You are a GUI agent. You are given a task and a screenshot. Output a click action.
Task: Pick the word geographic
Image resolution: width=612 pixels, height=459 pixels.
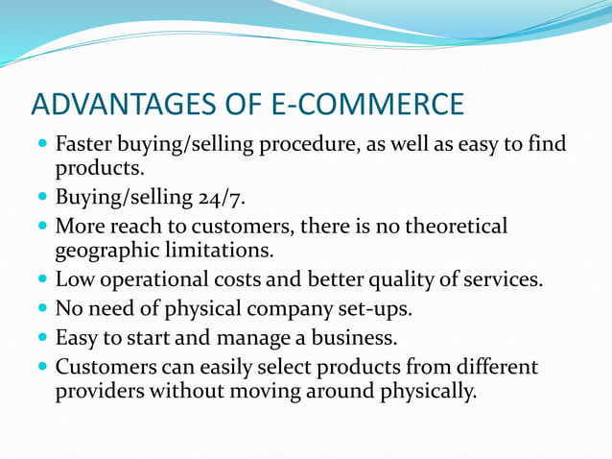pyautogui.click(x=105, y=252)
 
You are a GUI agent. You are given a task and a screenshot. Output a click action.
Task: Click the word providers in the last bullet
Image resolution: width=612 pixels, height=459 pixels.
pyautogui.click(x=98, y=392)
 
